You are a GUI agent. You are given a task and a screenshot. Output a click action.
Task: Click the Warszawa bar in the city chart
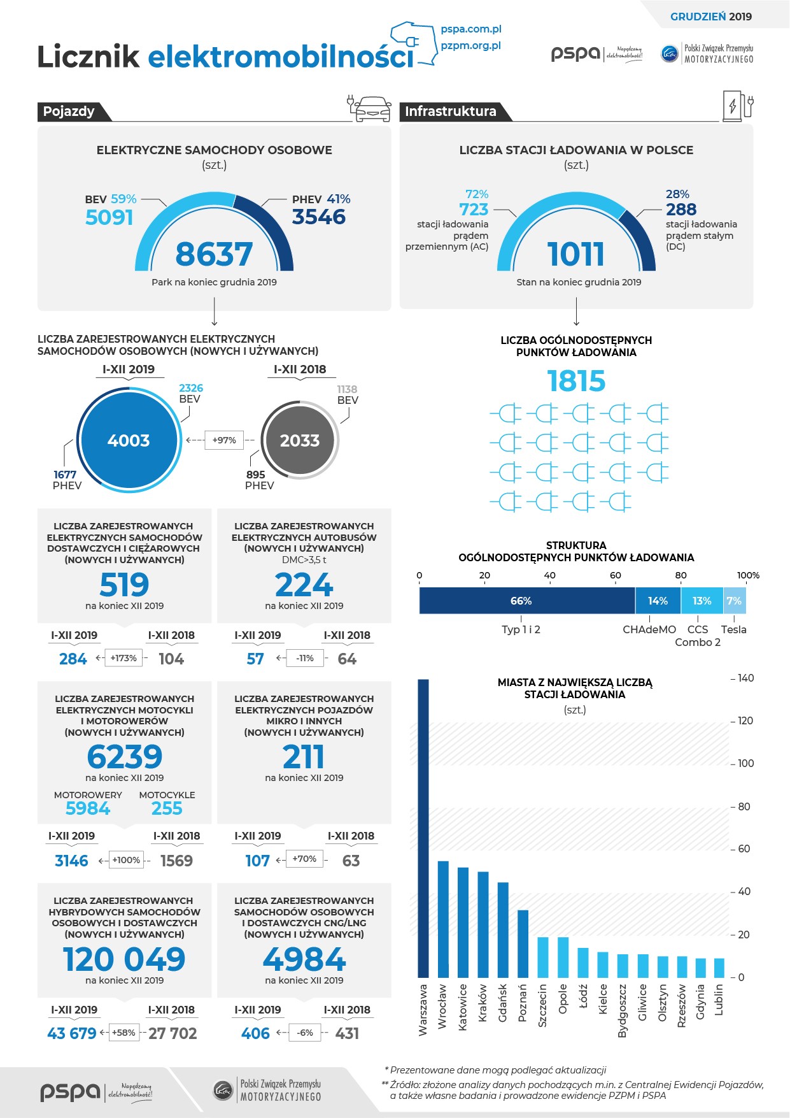[423, 828]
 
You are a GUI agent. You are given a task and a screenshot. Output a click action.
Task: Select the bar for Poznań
[523, 943]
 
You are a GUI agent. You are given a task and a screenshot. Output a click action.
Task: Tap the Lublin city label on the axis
[719, 1000]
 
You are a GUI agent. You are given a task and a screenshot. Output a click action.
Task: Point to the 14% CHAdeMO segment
[658, 601]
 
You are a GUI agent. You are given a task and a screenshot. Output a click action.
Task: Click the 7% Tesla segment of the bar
[734, 601]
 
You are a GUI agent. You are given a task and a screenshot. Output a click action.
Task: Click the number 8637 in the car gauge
[214, 254]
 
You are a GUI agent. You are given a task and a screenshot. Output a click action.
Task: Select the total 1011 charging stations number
[576, 254]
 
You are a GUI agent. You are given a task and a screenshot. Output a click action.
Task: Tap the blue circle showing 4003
[129, 440]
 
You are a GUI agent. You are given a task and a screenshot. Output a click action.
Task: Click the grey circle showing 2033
[300, 440]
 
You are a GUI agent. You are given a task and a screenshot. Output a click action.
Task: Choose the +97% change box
[224, 440]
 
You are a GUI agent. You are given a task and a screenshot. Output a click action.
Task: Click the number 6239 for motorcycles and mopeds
[125, 757]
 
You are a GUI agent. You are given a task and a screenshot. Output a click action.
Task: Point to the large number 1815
[576, 381]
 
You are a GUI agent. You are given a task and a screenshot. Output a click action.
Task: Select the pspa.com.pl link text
[471, 29]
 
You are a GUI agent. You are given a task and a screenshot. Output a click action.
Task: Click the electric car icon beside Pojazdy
[372, 109]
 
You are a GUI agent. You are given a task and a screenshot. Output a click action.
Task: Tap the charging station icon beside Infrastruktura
[737, 106]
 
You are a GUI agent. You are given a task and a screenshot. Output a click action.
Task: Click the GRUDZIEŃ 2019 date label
[710, 17]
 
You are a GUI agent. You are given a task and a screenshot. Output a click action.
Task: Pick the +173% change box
[123, 658]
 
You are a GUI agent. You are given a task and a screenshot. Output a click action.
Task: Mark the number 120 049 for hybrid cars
[124, 959]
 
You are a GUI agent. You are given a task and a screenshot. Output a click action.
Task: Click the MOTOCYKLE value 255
[167, 808]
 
